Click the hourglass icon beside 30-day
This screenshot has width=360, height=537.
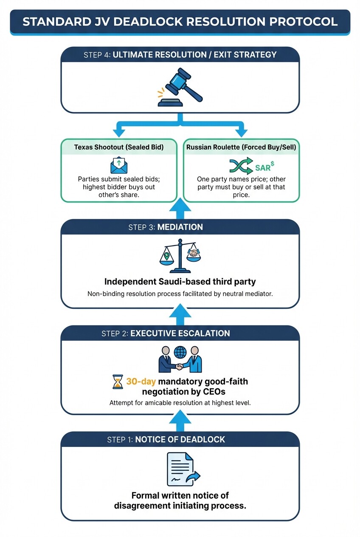tap(118, 382)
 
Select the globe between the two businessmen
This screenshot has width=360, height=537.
tap(180, 353)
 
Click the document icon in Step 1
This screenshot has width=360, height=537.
tap(180, 469)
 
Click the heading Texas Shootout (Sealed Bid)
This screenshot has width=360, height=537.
tap(118, 147)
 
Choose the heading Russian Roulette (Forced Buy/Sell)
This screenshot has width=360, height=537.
tap(241, 147)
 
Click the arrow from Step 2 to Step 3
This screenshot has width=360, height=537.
tap(180, 316)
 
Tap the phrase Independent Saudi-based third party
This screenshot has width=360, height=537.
tap(180, 282)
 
